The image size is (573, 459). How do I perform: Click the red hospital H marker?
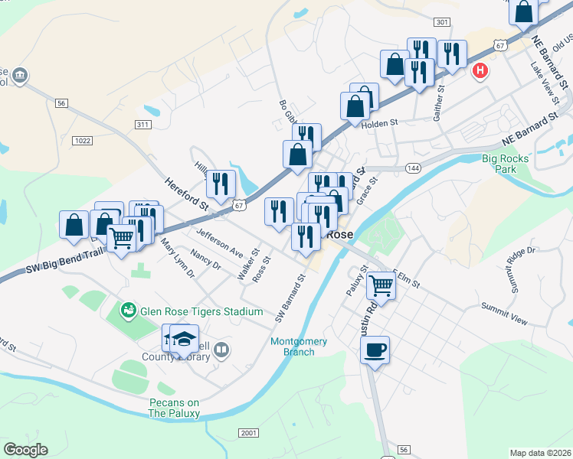pyautogui.click(x=480, y=71)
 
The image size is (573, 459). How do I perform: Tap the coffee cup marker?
pyautogui.click(x=375, y=350)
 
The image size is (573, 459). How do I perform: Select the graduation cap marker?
pyautogui.click(x=184, y=339)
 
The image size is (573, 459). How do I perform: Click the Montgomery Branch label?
pyautogui.click(x=299, y=347)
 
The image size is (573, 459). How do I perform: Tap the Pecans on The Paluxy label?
pyautogui.click(x=174, y=409)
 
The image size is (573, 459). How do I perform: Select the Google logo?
pyautogui.click(x=25, y=450)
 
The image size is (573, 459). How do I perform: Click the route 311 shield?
pyautogui.click(x=143, y=124)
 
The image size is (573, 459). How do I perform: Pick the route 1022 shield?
pyautogui.click(x=83, y=140)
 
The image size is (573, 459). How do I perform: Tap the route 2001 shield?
pyautogui.click(x=249, y=433)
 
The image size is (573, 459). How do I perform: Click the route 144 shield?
pyautogui.click(x=414, y=168)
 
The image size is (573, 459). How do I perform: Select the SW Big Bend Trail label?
pyautogui.click(x=64, y=262)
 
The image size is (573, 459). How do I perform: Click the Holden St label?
pyautogui.click(x=380, y=122)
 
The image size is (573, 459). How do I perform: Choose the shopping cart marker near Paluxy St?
pyautogui.click(x=381, y=286)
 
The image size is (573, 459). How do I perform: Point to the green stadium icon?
pyautogui.click(x=129, y=310)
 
